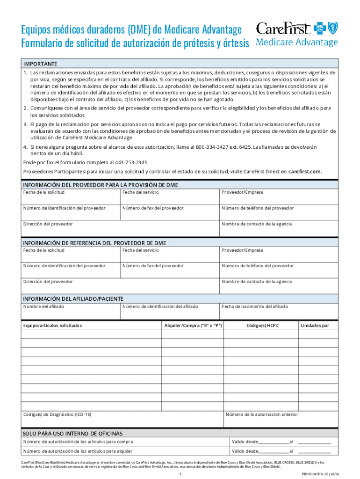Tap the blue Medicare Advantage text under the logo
click(297, 43)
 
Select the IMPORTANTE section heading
click(40, 64)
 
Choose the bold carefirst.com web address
click(304, 171)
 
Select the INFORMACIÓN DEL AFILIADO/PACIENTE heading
click(73, 298)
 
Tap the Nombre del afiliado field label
click(44, 306)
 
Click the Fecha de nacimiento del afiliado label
click(255, 306)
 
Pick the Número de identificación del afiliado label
click(160, 306)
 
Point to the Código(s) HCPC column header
click(262, 325)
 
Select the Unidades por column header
click(315, 325)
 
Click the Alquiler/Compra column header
click(192, 325)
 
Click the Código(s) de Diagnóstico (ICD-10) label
click(58, 414)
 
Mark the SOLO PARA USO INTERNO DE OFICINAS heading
click(72, 433)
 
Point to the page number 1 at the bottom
click(180, 474)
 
